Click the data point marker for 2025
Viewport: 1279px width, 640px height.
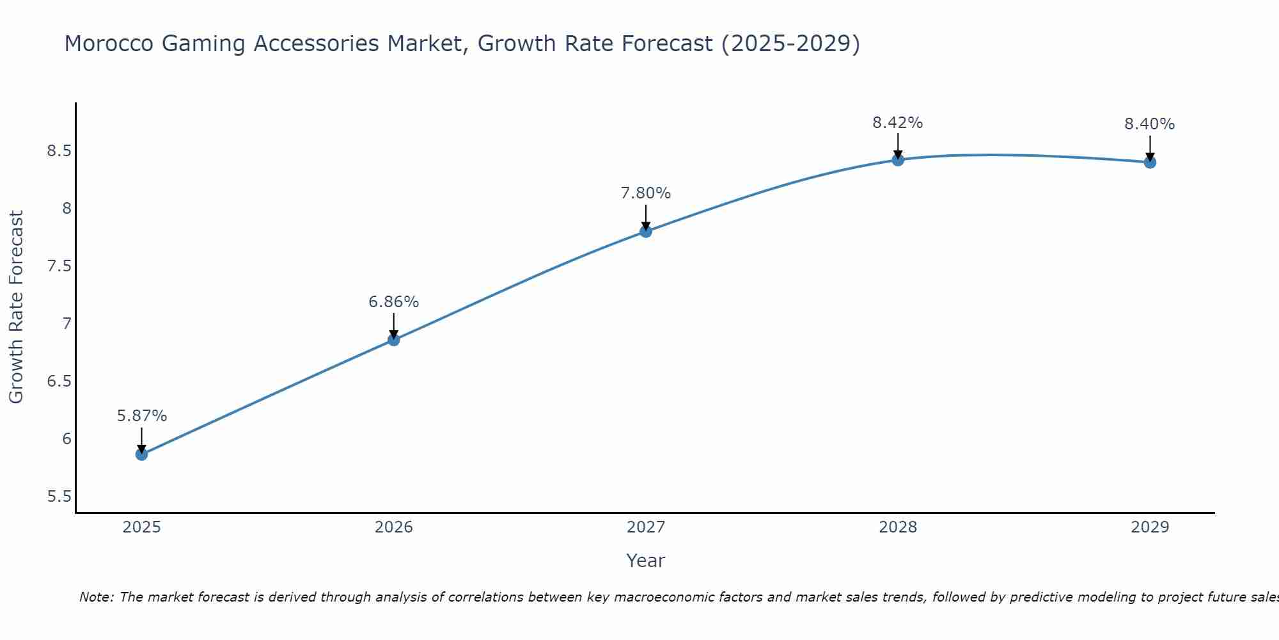[141, 454]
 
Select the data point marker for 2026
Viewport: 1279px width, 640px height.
[393, 340]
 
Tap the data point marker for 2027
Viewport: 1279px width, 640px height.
[645, 231]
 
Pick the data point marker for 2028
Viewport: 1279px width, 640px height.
[897, 159]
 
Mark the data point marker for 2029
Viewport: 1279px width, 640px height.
[1149, 162]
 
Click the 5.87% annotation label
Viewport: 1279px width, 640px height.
[141, 416]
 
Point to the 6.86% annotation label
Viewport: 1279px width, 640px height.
[393, 302]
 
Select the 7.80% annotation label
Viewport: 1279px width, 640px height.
[645, 193]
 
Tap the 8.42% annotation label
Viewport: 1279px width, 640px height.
[897, 123]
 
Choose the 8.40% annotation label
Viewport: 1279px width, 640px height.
[1149, 124]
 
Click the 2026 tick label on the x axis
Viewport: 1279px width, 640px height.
[393, 527]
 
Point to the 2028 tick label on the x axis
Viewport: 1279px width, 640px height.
[897, 527]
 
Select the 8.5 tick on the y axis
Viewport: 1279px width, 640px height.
[58, 151]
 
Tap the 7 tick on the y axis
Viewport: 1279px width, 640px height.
[67, 324]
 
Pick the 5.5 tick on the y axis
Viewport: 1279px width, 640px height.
[58, 497]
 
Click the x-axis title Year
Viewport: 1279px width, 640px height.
[645, 561]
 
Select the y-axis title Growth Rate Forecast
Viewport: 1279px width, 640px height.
[16, 307]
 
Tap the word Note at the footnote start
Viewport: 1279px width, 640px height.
[96, 597]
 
